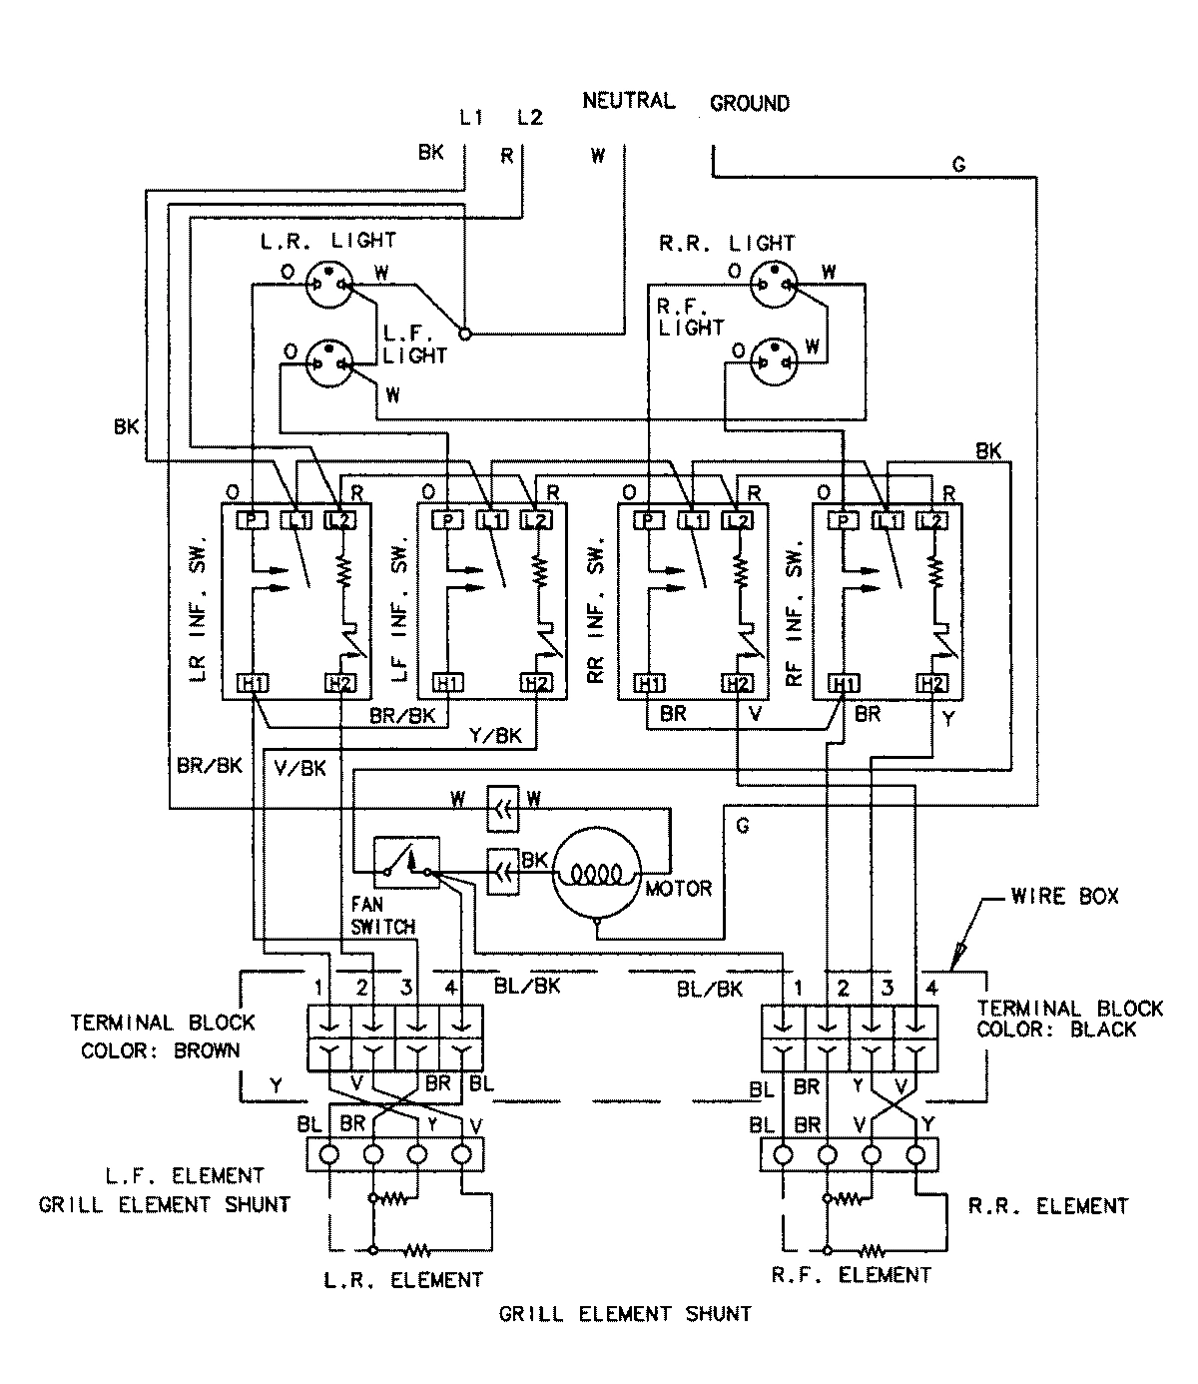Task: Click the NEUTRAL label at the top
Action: [628, 101]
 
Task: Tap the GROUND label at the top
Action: [749, 103]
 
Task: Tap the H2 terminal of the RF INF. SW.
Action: [931, 684]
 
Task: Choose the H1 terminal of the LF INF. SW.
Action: [448, 684]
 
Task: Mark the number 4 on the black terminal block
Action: [930, 989]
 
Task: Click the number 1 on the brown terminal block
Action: [318, 989]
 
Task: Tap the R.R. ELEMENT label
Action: [1047, 1206]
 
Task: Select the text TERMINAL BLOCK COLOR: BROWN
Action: [162, 1037]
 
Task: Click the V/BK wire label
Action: [299, 767]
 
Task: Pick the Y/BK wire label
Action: [495, 737]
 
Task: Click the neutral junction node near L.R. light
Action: [464, 333]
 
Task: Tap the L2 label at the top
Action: [530, 118]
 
